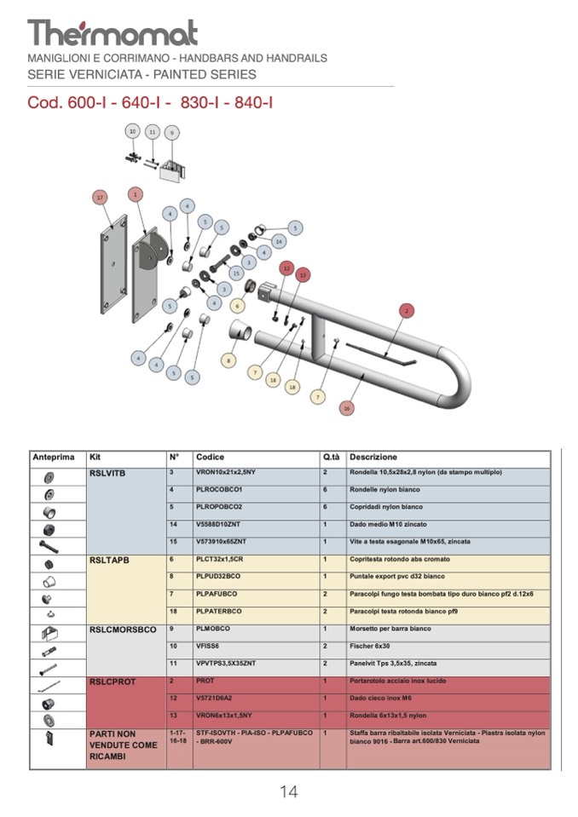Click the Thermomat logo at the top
coord(113,32)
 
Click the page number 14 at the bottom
coord(288,791)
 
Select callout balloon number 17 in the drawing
coord(101,198)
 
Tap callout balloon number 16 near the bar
coord(346,408)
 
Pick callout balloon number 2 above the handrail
coord(407,310)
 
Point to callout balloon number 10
coord(132,131)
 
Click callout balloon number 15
coord(236,273)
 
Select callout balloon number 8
coord(228,360)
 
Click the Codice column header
coord(210,457)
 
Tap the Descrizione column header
coord(373,457)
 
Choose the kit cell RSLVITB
coord(107,474)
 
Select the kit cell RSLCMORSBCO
coord(123,630)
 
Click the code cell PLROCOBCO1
coord(219,490)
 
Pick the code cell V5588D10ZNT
coord(223,524)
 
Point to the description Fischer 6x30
coord(369,647)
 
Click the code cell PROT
coord(205,682)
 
